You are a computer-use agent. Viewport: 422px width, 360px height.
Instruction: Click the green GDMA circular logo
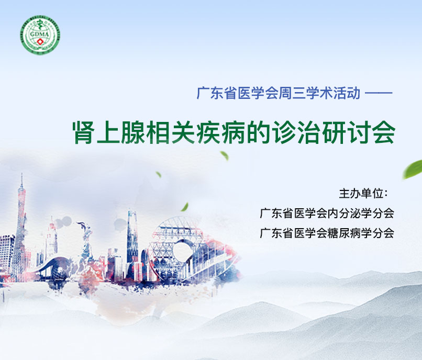pos(40,35)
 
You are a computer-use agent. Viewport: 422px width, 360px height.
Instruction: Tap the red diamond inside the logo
pos(41,41)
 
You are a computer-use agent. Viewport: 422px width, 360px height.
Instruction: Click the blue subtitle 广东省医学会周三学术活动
pos(279,93)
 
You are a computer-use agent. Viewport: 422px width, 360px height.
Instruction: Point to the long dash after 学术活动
pos(379,93)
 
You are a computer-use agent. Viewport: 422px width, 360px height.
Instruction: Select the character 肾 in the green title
pos(84,132)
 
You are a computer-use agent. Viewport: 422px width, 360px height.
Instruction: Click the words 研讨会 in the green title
pos(359,132)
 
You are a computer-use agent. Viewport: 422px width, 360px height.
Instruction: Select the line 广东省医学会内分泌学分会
pos(327,213)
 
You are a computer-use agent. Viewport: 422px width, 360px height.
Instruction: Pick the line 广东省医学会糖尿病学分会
pos(327,233)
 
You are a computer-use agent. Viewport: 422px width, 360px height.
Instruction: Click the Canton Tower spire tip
pos(22,174)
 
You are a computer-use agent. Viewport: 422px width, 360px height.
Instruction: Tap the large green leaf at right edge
pos(413,169)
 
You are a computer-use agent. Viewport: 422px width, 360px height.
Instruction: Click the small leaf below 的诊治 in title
pos(225,155)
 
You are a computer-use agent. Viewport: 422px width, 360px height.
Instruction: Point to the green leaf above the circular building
pos(185,207)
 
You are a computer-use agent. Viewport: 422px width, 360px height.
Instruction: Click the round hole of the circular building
pos(184,251)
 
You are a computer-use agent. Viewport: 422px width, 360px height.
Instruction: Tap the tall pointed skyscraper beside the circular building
pos(132,237)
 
